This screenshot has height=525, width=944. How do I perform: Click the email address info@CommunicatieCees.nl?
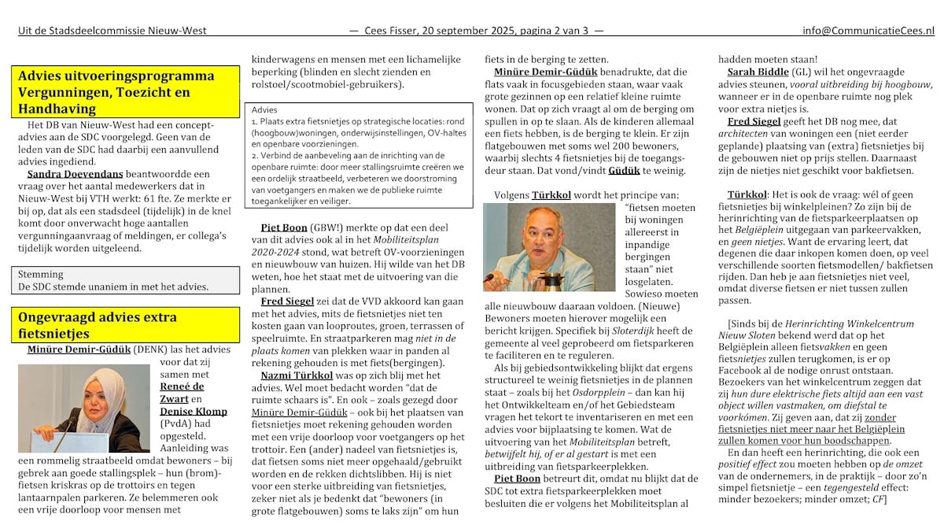click(x=868, y=31)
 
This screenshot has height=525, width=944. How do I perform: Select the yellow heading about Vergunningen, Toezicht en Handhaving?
click(x=126, y=92)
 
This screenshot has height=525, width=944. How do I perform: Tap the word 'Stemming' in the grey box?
click(x=41, y=275)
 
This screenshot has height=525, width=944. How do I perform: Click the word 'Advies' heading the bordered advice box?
click(x=264, y=110)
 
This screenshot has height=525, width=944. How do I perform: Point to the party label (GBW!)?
click(x=324, y=227)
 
